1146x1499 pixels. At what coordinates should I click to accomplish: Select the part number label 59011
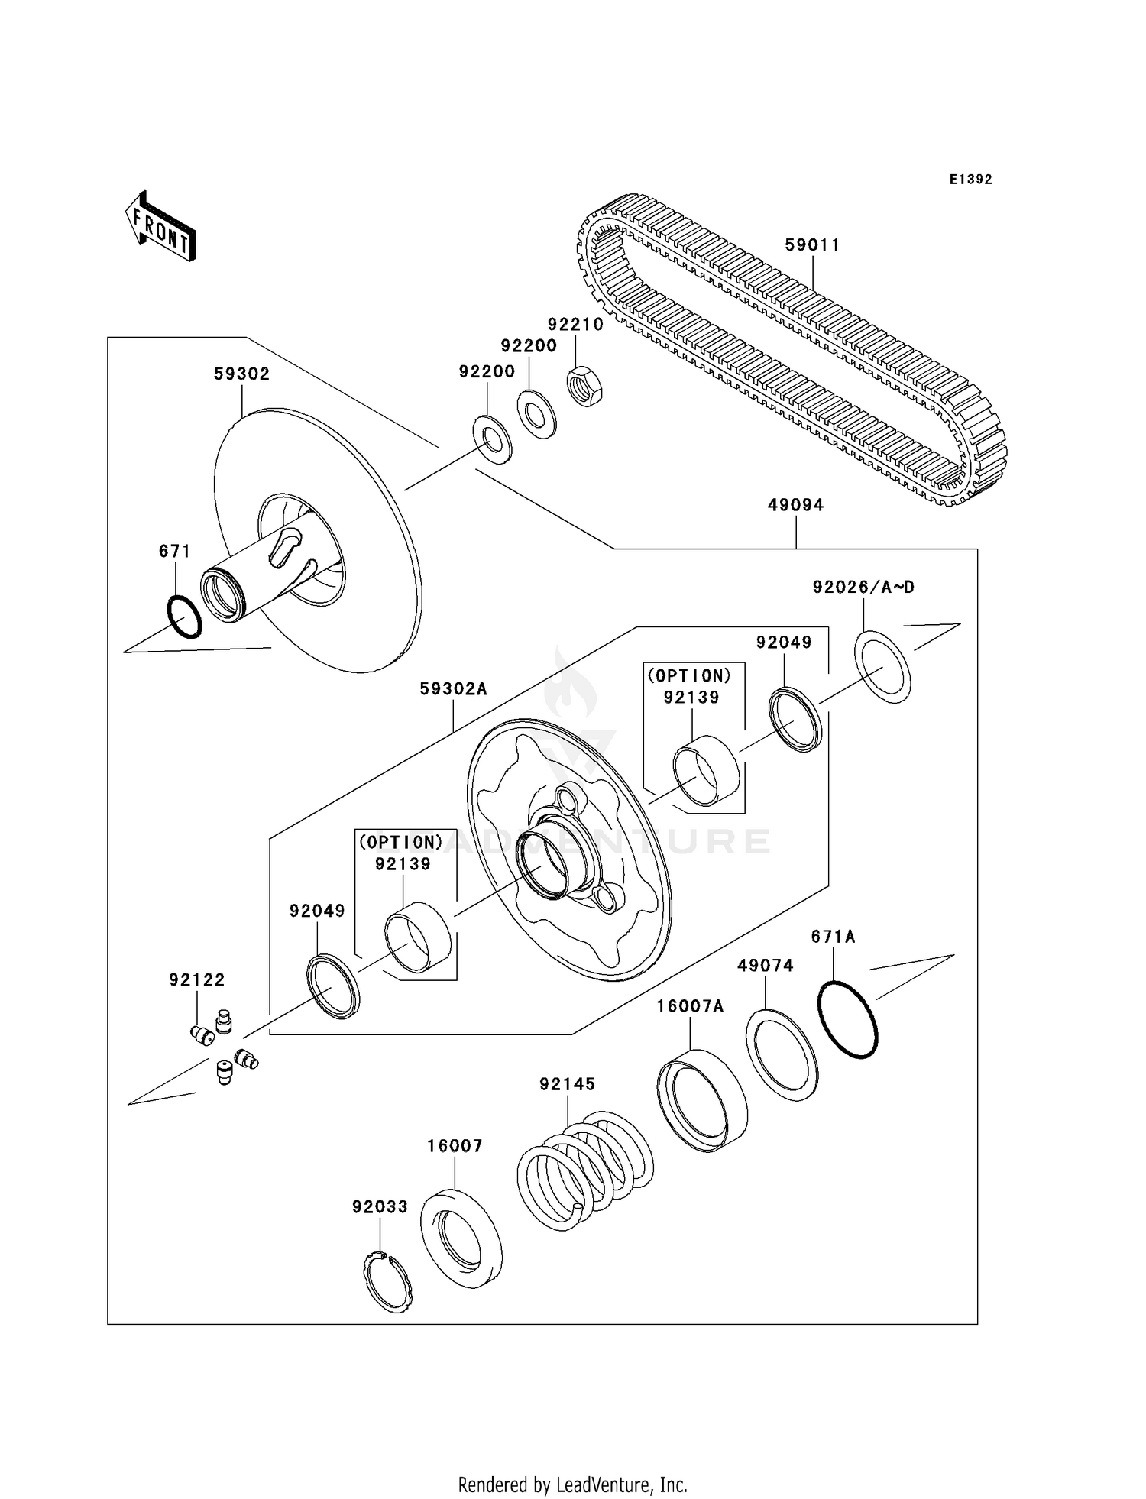pos(812,245)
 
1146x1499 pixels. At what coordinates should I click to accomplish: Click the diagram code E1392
pos(970,180)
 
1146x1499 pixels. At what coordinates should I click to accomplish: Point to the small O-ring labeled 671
pos(184,617)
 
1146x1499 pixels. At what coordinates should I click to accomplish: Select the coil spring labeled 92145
pos(585,1169)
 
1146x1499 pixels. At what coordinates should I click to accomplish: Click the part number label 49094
pos(795,505)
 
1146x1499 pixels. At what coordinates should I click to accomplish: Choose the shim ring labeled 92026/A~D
pos(882,667)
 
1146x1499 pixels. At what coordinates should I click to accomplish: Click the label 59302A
pos(453,689)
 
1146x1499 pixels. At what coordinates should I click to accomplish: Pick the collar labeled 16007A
pos(702,1100)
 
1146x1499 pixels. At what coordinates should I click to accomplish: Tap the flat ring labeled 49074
pos(781,1054)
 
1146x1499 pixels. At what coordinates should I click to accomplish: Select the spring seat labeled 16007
pos(461,1238)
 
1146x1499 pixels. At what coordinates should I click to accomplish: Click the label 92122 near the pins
pos(197,979)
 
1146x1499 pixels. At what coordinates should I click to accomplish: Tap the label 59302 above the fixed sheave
pos(241,374)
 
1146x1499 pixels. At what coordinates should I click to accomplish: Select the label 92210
pos(575,325)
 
